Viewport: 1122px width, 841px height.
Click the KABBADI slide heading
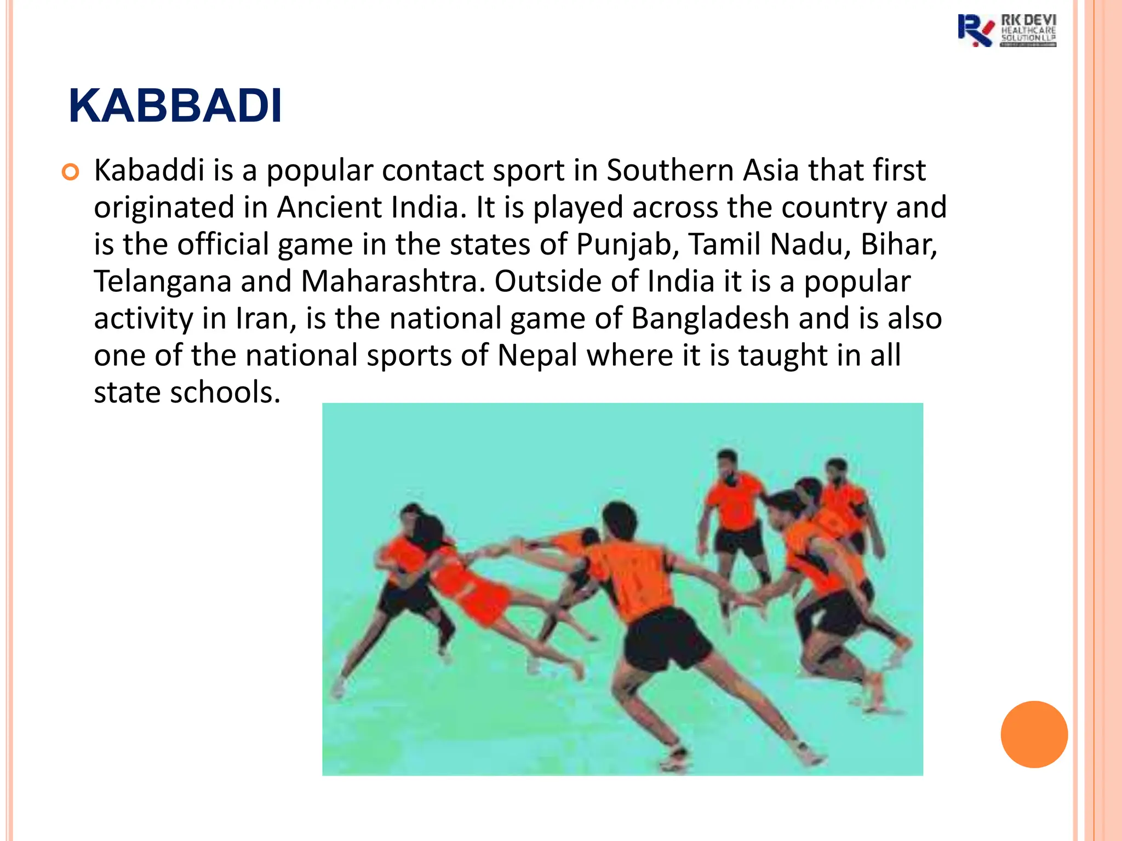(175, 106)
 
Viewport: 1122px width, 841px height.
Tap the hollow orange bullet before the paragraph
(71, 172)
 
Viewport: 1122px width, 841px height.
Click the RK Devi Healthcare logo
(1007, 31)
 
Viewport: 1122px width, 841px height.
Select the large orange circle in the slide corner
(1034, 734)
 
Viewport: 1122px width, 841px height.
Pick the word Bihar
(898, 244)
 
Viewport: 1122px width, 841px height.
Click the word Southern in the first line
(669, 170)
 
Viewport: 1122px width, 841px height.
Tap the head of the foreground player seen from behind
(620, 520)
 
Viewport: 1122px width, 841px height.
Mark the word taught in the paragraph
(783, 355)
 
